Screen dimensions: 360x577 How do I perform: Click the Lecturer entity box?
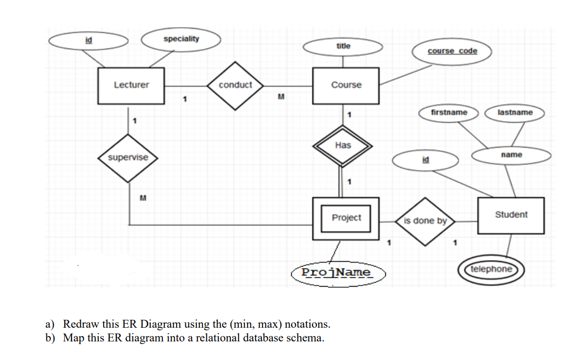[131, 86]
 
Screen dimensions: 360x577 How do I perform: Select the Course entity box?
[346, 86]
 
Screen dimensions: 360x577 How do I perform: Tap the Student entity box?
[510, 215]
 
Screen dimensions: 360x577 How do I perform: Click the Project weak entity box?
[346, 218]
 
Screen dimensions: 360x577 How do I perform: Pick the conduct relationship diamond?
[235, 85]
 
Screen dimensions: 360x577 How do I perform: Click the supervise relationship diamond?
[128, 157]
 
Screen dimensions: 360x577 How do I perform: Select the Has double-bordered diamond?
[343, 145]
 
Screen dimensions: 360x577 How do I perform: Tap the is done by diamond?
[425, 221]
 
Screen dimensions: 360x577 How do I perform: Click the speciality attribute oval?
[181, 39]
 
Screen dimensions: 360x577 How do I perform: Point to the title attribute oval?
[343, 46]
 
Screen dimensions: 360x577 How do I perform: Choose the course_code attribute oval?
[452, 51]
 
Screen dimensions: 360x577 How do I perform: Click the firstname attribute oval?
[449, 112]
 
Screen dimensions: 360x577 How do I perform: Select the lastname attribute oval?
[514, 112]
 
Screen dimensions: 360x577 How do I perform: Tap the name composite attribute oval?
[511, 155]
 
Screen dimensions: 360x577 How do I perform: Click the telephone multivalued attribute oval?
[491, 269]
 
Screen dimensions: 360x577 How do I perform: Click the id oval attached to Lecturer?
[88, 41]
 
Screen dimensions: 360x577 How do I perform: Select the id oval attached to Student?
[425, 159]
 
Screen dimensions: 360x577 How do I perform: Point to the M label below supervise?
[143, 198]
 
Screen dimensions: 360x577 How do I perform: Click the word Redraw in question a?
[79, 324]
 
